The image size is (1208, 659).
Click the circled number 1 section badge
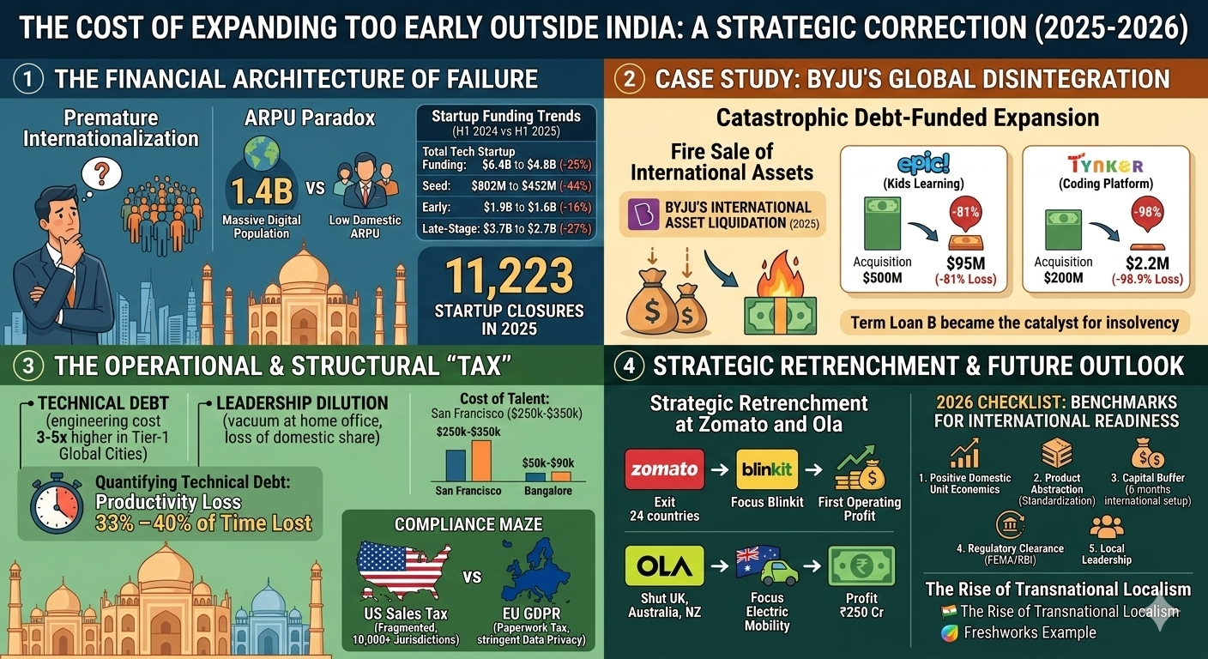(28, 80)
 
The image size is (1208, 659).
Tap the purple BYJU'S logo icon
(644, 215)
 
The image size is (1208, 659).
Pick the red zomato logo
(665, 469)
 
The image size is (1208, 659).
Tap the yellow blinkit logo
(767, 469)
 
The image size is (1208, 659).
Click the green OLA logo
(665, 565)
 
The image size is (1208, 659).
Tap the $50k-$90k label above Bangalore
(547, 463)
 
